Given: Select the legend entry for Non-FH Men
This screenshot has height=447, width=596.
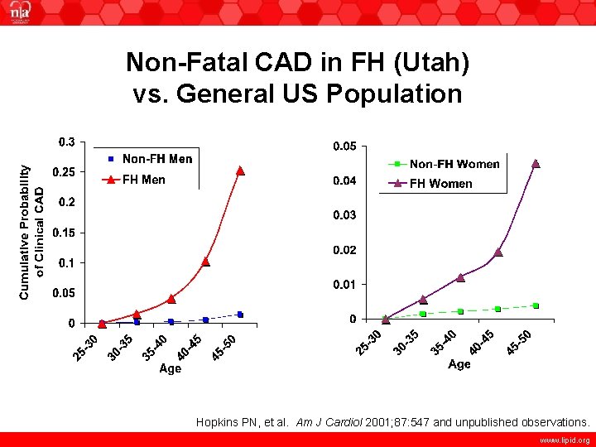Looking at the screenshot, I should [156, 158].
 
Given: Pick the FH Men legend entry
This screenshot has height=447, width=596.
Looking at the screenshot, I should [143, 180].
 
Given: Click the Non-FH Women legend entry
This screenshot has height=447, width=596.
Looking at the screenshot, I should [454, 164].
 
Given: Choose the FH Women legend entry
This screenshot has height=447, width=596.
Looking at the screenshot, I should [440, 184].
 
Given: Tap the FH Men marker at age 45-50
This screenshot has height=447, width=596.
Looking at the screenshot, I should [240, 171].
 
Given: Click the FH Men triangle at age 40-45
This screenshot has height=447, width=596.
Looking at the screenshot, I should [205, 262].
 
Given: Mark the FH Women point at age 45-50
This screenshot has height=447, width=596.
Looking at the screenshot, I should [535, 164].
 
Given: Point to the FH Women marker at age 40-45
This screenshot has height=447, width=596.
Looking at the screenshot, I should [498, 252].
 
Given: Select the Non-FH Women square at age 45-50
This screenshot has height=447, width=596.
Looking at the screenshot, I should [536, 305].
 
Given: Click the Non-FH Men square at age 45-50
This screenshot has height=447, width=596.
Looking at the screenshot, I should [240, 315].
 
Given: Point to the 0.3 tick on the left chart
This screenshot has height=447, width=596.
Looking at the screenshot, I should [65, 142].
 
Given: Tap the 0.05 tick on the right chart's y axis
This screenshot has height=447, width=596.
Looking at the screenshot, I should [344, 147].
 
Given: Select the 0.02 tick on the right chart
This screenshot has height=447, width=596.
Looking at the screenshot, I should [344, 250].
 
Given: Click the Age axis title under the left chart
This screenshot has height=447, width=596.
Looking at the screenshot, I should [170, 369].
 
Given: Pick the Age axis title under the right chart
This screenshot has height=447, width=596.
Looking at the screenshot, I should [459, 364].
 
